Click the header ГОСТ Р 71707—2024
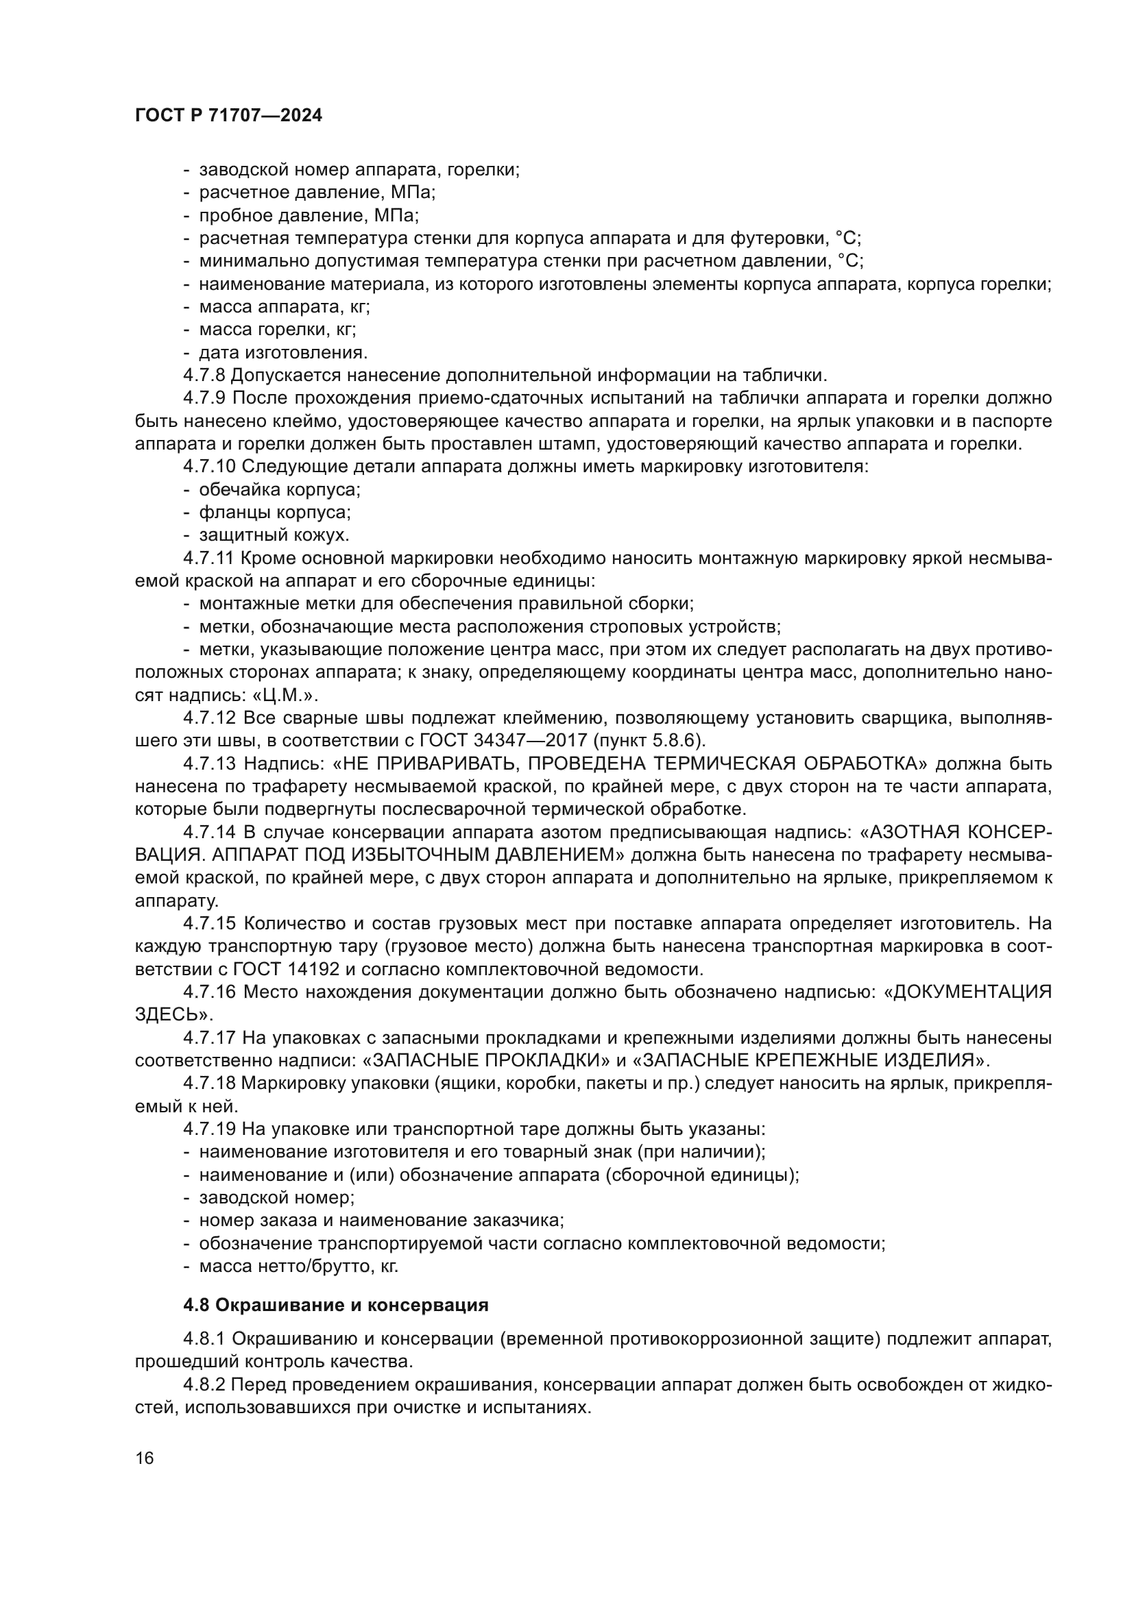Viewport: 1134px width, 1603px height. pyautogui.click(x=228, y=117)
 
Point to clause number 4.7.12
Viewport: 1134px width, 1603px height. pyautogui.click(x=210, y=718)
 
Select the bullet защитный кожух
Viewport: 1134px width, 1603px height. pyautogui.click(x=274, y=535)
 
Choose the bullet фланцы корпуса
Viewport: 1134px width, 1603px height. pyautogui.click(x=274, y=513)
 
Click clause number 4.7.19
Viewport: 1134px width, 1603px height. pyautogui.click(x=210, y=1129)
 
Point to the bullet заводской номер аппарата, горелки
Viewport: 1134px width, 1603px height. pyautogui.click(x=359, y=170)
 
